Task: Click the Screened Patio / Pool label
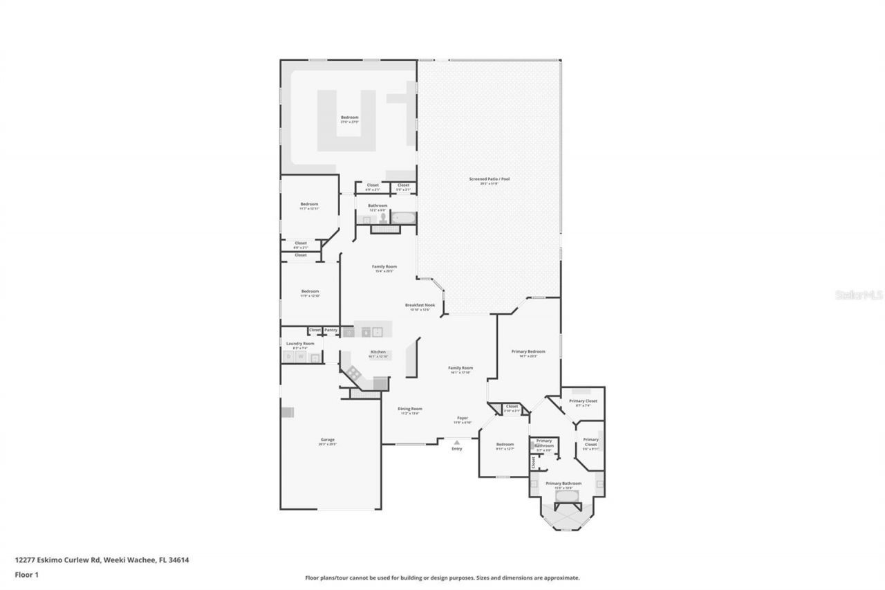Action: [489, 179]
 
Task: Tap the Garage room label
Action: [327, 440]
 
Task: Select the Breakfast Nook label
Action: [420, 305]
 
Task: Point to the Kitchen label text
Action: [378, 352]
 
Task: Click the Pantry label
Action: [331, 330]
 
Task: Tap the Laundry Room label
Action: [300, 343]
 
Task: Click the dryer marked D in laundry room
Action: [289, 357]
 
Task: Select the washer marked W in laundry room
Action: [301, 357]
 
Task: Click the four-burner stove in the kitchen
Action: [354, 372]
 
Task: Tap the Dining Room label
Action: [410, 409]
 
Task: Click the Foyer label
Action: [463, 418]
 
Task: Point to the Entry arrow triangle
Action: [456, 442]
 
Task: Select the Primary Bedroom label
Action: [528, 351]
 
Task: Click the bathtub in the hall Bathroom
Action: [403, 218]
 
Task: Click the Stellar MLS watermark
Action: [859, 295]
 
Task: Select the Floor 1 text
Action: [27, 574]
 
